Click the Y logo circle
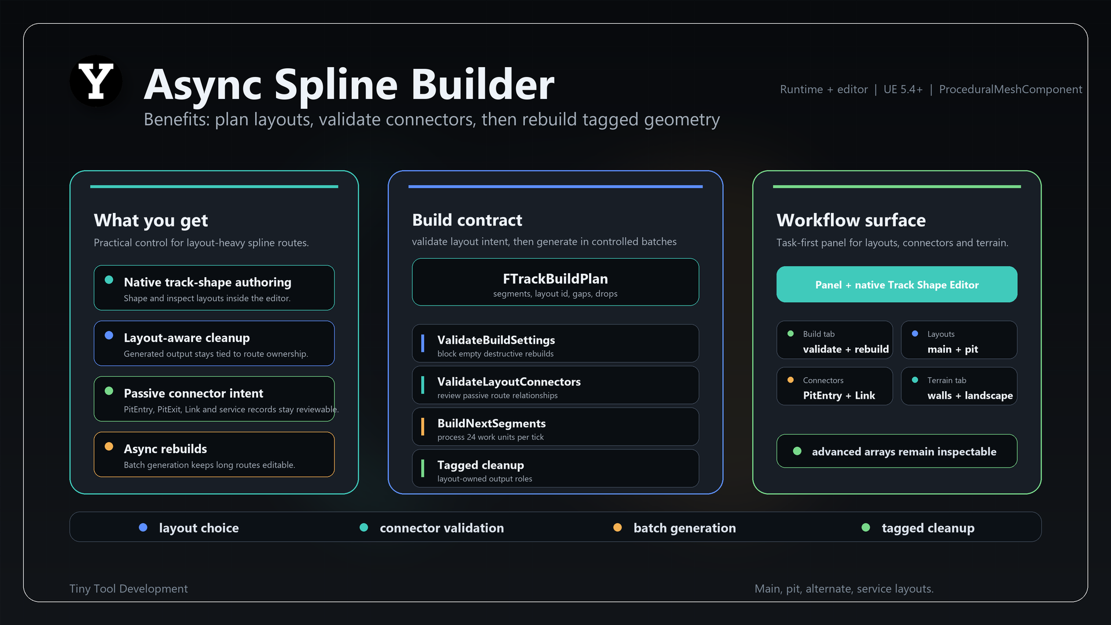tap(95, 81)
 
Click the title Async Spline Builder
tap(349, 84)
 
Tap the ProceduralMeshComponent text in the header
tap(1010, 89)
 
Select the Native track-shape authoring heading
tap(208, 282)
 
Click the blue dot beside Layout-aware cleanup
tap(109, 336)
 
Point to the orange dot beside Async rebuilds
tap(109, 447)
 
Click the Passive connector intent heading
tap(193, 393)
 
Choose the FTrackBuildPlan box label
tap(555, 278)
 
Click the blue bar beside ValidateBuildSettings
tap(423, 343)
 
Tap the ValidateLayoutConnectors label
tap(509, 381)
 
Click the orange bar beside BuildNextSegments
tap(423, 427)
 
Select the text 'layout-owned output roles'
tap(485, 479)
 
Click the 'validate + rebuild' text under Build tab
tap(846, 349)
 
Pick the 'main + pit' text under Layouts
tap(953, 349)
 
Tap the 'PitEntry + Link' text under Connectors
tap(839, 395)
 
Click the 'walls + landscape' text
tap(970, 395)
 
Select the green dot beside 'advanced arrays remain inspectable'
tap(797, 451)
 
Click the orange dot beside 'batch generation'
tap(617, 527)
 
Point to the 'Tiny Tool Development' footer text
tap(128, 589)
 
